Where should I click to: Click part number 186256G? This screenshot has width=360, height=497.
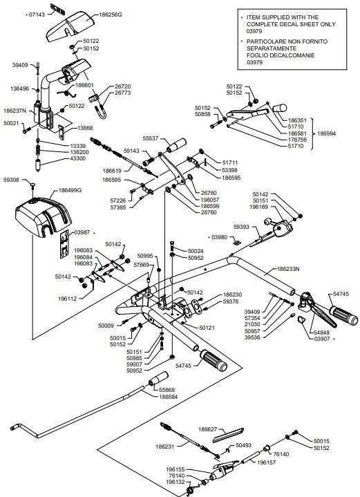point(111,15)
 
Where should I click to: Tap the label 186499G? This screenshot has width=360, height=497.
point(70,190)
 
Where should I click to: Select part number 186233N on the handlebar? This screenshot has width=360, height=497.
point(288,269)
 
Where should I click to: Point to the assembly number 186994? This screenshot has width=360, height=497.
point(326,133)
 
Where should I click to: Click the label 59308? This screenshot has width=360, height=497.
point(11,180)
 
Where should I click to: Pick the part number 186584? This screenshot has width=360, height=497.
point(169,397)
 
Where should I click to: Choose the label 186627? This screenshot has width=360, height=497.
point(207,429)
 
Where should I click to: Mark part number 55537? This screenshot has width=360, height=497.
point(150,138)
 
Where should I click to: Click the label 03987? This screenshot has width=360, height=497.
point(82,232)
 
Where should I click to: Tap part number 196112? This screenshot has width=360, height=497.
point(67,299)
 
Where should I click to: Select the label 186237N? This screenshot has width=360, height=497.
point(15,111)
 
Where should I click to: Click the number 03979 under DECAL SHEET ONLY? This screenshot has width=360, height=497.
point(254,31)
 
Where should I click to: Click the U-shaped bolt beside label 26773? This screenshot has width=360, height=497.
point(101,111)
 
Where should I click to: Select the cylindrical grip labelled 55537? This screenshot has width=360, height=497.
point(176,145)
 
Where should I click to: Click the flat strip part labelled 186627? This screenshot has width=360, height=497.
point(228,435)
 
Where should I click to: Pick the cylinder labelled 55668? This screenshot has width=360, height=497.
point(158,379)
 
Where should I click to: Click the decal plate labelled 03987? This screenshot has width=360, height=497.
point(65,244)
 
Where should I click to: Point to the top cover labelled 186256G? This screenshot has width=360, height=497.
point(70,27)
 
